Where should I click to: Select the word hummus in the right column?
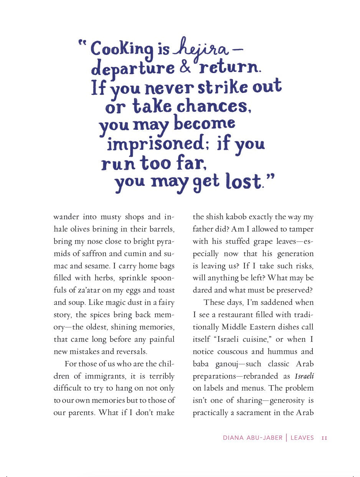click(x=283, y=351)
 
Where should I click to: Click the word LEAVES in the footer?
click(x=302, y=438)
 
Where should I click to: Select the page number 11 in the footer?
click(x=324, y=438)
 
